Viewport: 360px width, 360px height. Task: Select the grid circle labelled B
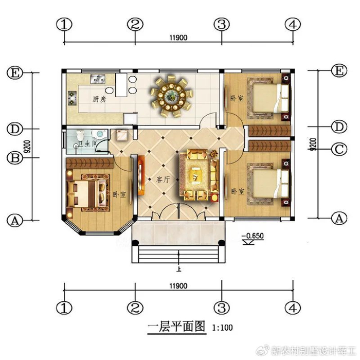(x=15, y=158)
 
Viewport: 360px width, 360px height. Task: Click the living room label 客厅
(x=163, y=180)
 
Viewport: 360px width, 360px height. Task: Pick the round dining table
(x=172, y=94)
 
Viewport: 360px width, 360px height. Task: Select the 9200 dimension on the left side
(x=26, y=147)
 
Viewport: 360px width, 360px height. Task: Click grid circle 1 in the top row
(x=64, y=24)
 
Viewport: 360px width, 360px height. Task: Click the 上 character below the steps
(x=178, y=268)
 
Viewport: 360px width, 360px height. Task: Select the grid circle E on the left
(x=15, y=73)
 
